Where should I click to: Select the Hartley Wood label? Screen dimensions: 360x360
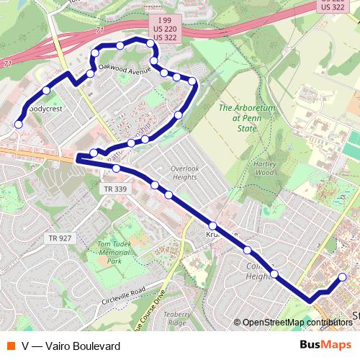coord(266,168)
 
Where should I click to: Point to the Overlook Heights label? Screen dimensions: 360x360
coord(184,173)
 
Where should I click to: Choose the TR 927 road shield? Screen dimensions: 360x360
coord(60,238)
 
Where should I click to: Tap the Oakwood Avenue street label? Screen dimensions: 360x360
coord(123,71)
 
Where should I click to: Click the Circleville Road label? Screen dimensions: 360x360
coord(123,295)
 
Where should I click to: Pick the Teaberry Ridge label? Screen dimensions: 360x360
coord(176,320)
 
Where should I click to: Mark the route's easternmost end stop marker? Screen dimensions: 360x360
coord(342,277)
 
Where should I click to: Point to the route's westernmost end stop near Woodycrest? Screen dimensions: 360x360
coord(19,125)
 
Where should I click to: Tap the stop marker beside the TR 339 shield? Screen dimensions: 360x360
coord(117,168)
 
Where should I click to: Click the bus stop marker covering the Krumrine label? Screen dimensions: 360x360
coord(212,225)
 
